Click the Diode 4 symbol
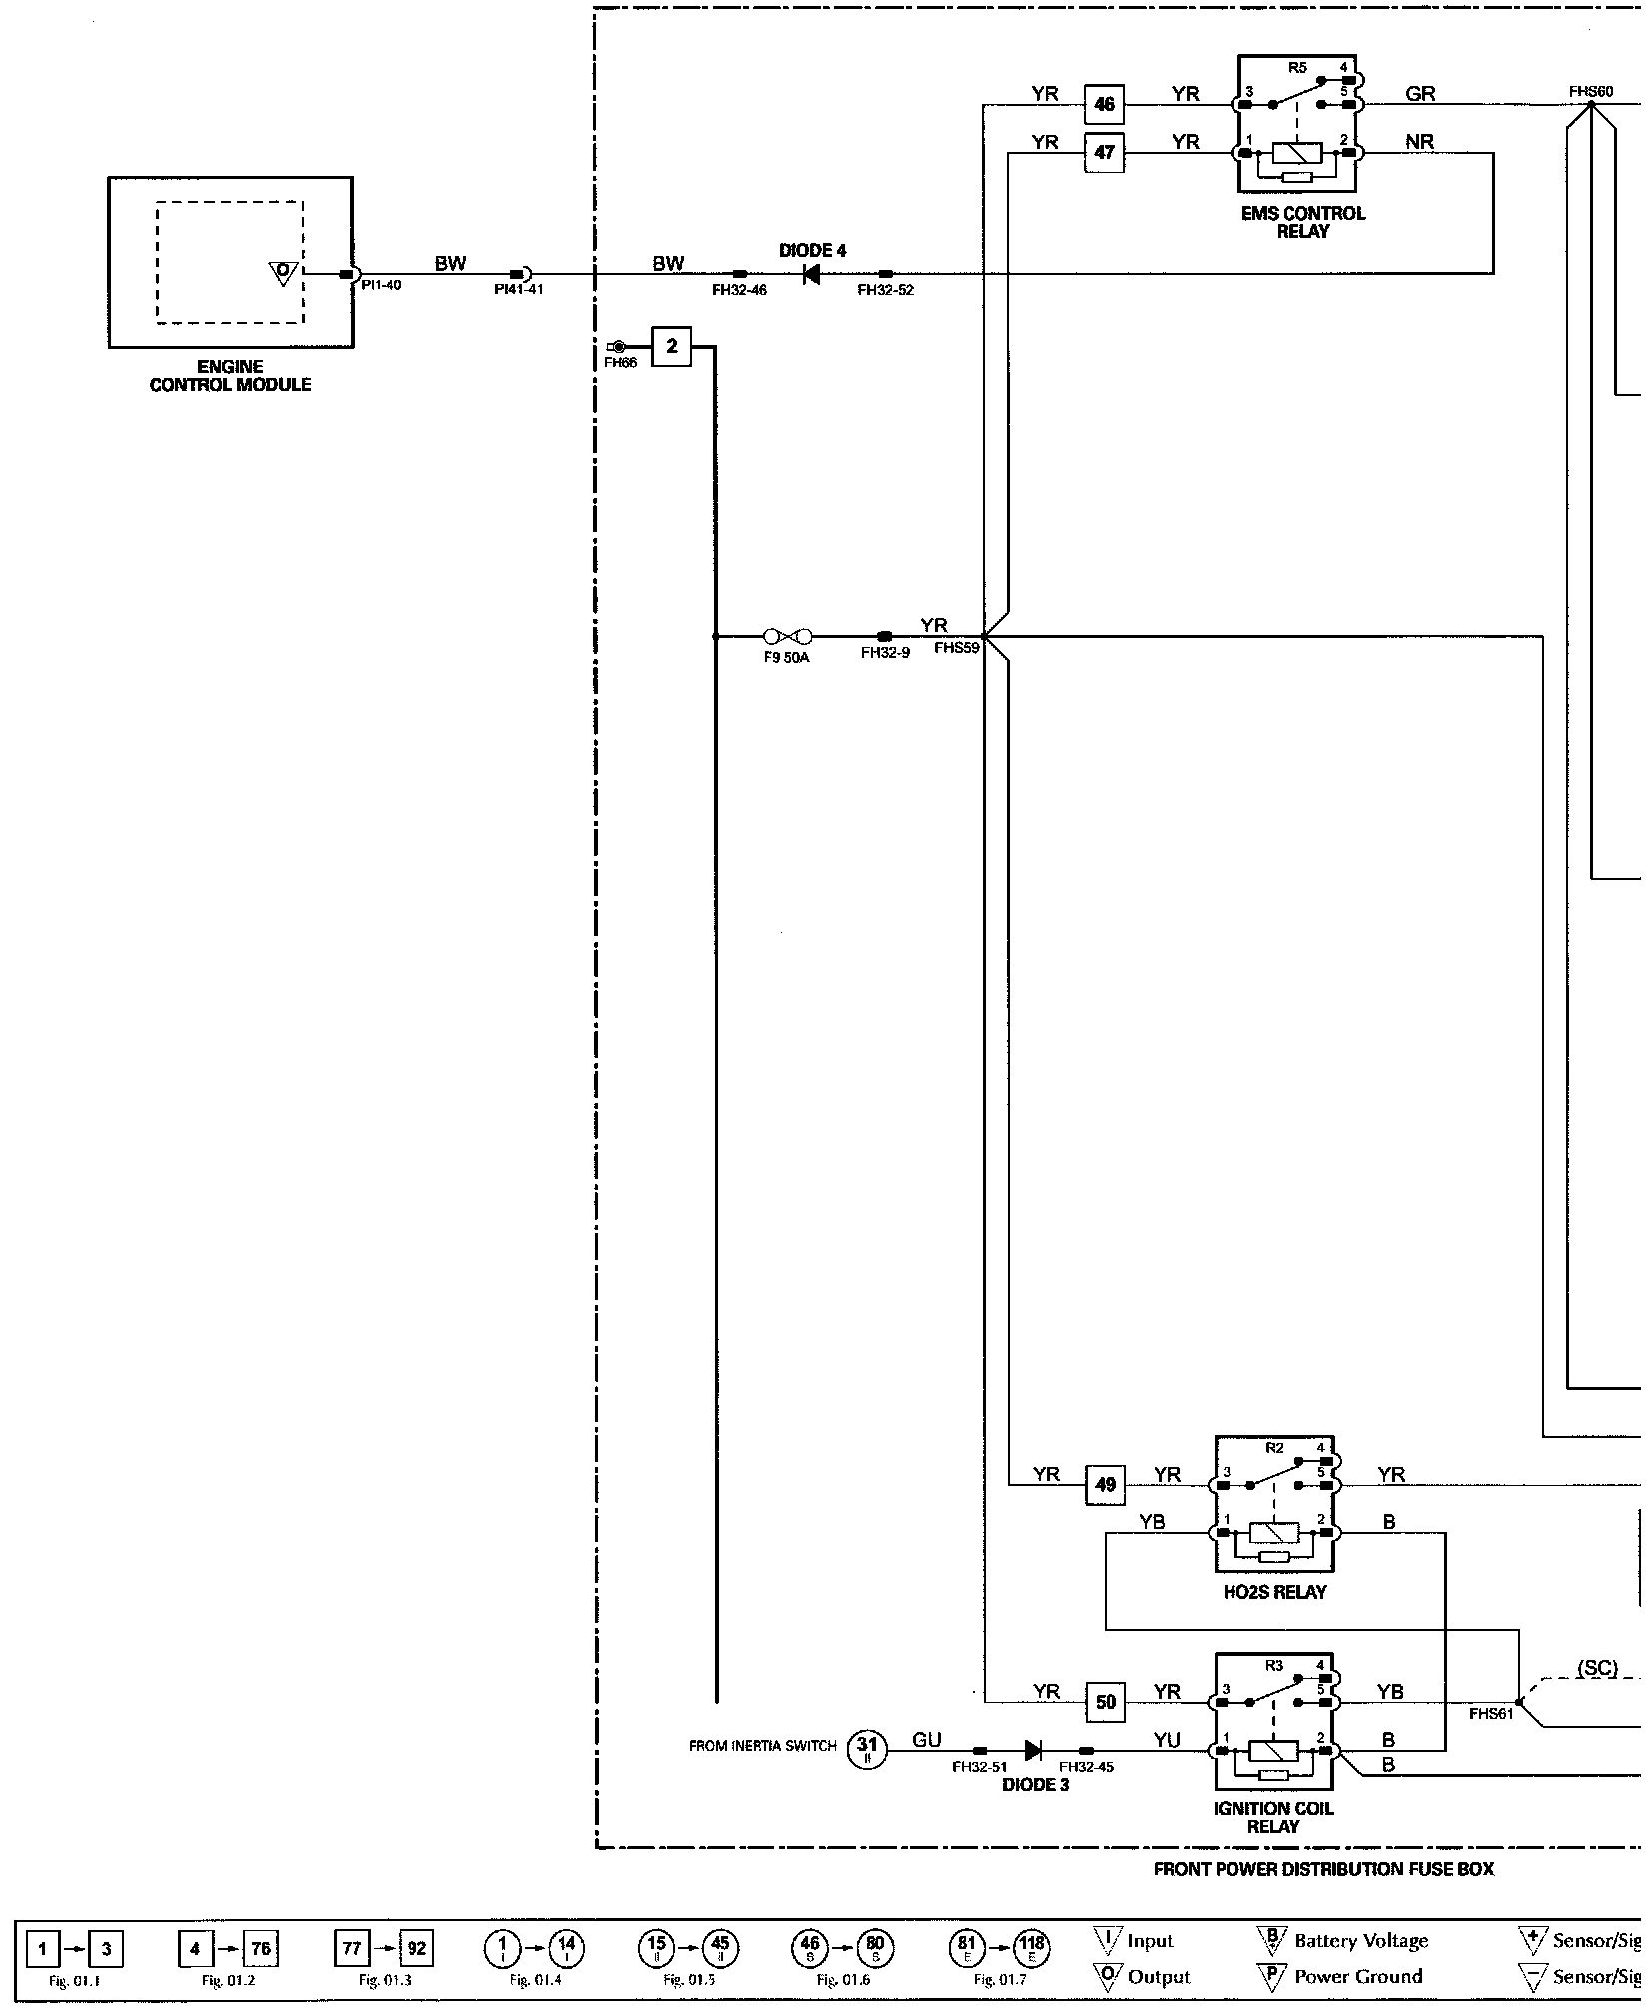coord(811,273)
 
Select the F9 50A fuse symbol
coord(787,636)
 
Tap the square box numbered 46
coord(1104,104)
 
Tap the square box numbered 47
coord(1104,153)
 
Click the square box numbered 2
coord(672,347)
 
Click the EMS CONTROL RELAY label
coord(1302,222)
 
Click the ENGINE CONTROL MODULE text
coord(230,376)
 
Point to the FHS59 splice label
coord(956,648)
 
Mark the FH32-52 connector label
coord(885,291)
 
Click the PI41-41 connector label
coord(519,290)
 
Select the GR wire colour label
coord(1419,94)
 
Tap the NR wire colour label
coord(1419,142)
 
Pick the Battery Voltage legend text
coord(1361,1940)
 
